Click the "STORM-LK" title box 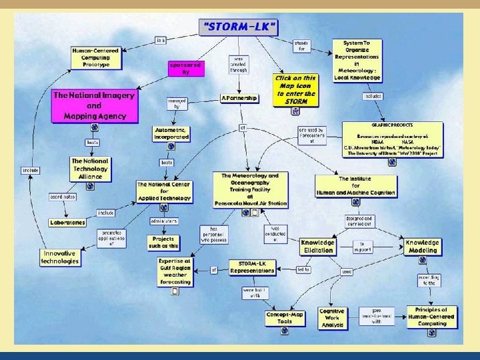[239, 27]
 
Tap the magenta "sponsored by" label [185, 68]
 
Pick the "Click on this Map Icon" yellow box [295, 89]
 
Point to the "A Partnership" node [239, 98]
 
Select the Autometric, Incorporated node [171, 133]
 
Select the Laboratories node [67, 222]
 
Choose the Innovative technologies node [61, 257]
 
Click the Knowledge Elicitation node [317, 247]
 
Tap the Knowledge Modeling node [423, 247]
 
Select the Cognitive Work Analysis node [331, 317]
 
